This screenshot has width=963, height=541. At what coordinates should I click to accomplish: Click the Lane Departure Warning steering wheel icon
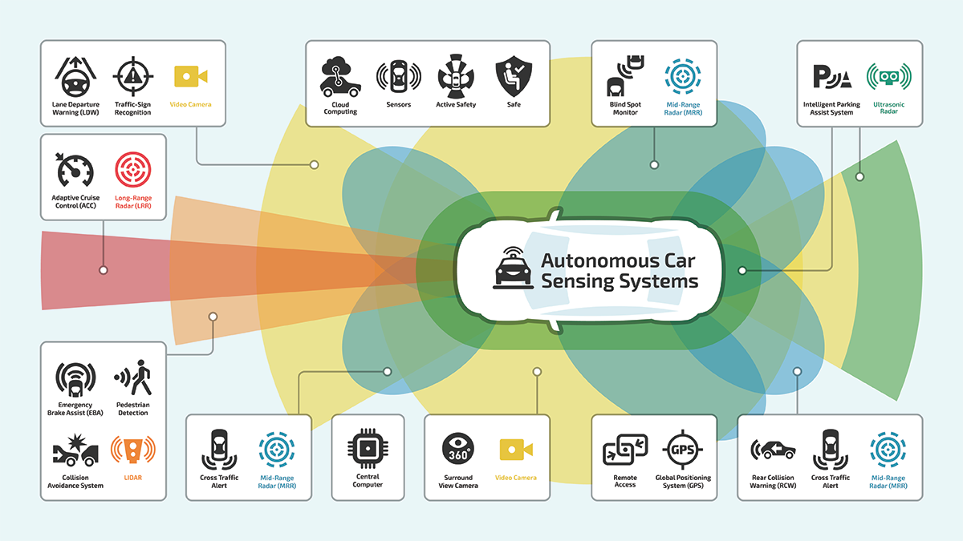click(x=75, y=77)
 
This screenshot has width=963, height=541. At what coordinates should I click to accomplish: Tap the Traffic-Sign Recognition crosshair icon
click(x=132, y=77)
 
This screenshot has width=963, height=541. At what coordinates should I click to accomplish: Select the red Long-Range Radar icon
click(x=133, y=171)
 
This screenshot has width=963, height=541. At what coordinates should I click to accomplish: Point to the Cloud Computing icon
click(x=341, y=77)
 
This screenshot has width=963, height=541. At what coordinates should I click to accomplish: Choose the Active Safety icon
click(x=456, y=77)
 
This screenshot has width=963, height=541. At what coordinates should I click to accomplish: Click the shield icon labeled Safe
click(x=513, y=77)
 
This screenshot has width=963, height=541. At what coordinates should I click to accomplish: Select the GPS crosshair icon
click(x=683, y=450)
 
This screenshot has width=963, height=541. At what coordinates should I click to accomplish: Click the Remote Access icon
click(x=624, y=450)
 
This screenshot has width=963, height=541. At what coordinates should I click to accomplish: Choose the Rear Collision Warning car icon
click(x=773, y=450)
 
